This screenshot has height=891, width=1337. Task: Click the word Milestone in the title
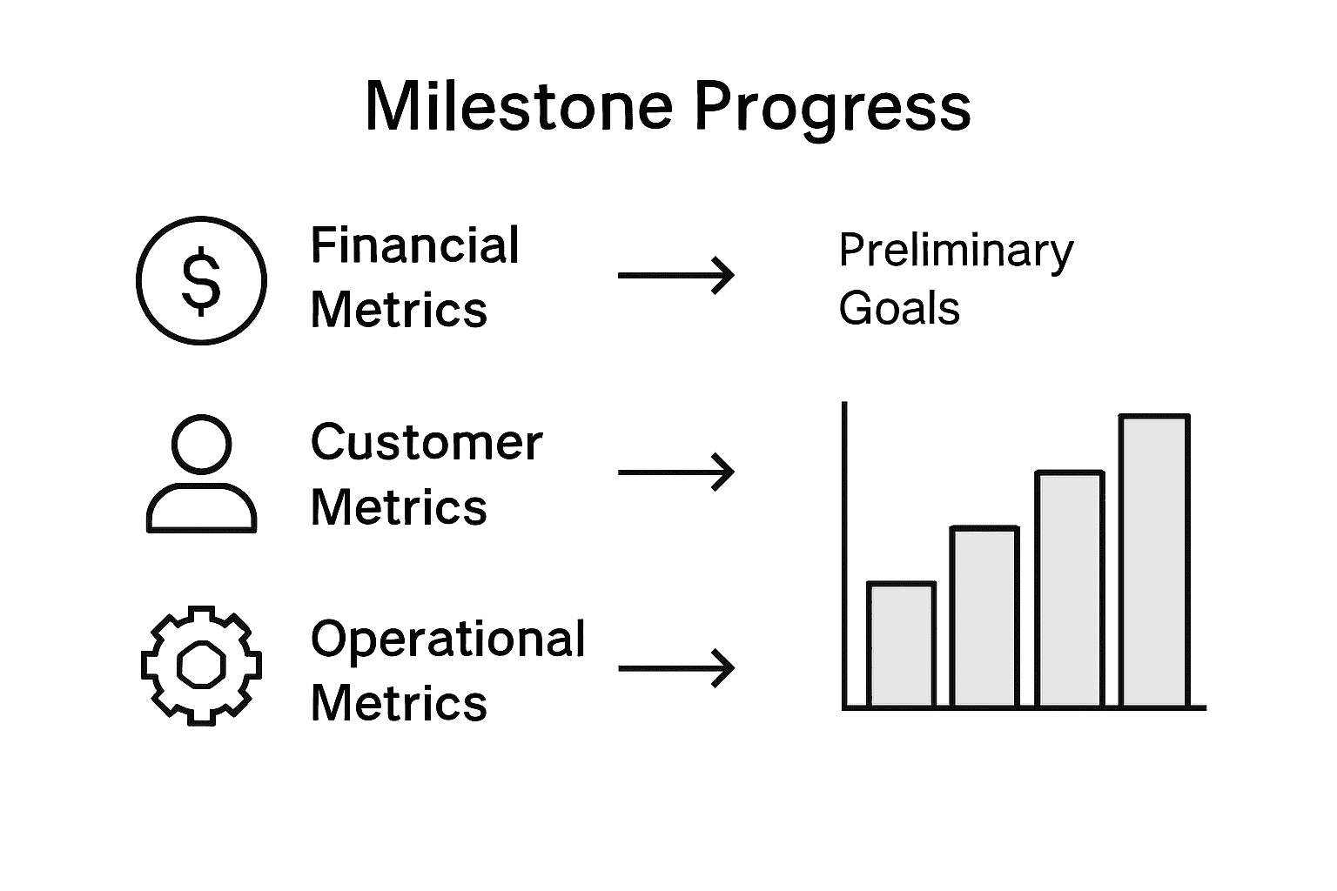(x=519, y=106)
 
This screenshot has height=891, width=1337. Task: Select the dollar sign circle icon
(x=201, y=280)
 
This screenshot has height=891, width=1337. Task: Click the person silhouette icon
(x=201, y=474)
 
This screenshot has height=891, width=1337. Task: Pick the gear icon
(x=201, y=666)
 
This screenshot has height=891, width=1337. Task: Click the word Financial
(x=414, y=245)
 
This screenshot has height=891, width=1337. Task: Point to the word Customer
(x=426, y=442)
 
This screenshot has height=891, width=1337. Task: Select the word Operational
(x=447, y=640)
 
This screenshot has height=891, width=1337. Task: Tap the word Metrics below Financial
(x=399, y=310)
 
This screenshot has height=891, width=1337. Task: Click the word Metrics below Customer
(x=399, y=506)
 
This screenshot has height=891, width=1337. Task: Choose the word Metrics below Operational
(x=399, y=703)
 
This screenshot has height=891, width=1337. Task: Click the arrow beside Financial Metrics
(x=676, y=275)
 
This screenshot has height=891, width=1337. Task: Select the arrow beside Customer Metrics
(x=676, y=472)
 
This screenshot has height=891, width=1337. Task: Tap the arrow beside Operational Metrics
(x=676, y=668)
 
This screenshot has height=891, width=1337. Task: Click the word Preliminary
(x=956, y=251)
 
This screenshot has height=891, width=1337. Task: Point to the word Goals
(x=899, y=309)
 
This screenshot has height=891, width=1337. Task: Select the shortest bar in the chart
(x=901, y=645)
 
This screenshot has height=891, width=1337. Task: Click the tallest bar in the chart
(x=1154, y=561)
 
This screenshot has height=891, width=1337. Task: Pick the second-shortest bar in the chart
(x=984, y=617)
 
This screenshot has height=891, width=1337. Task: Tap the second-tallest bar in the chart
(x=1069, y=589)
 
